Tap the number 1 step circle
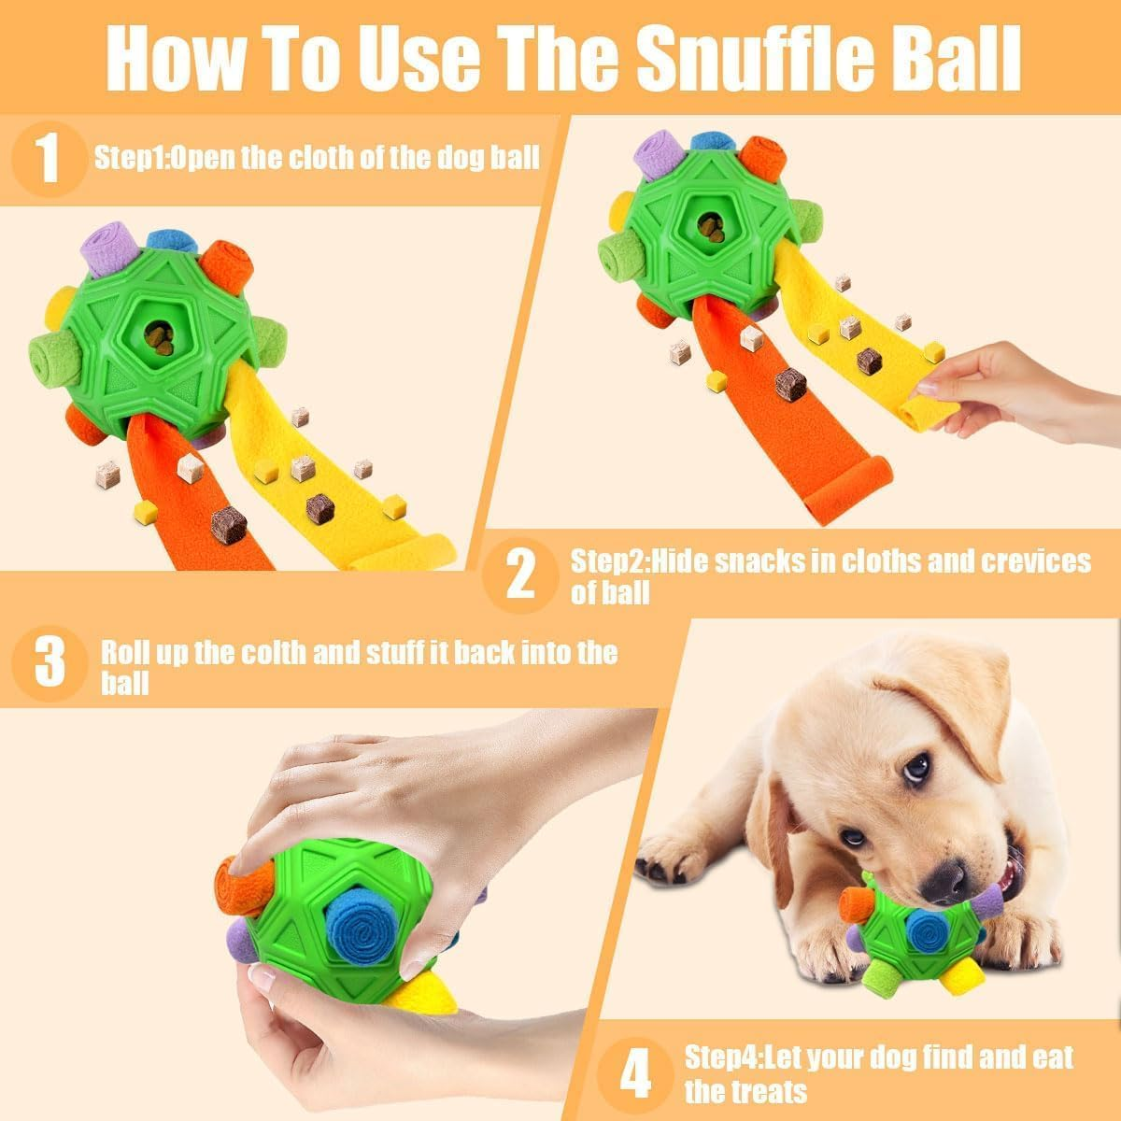click(x=48, y=158)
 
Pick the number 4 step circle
click(x=634, y=1073)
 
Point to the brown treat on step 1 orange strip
click(x=228, y=524)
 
